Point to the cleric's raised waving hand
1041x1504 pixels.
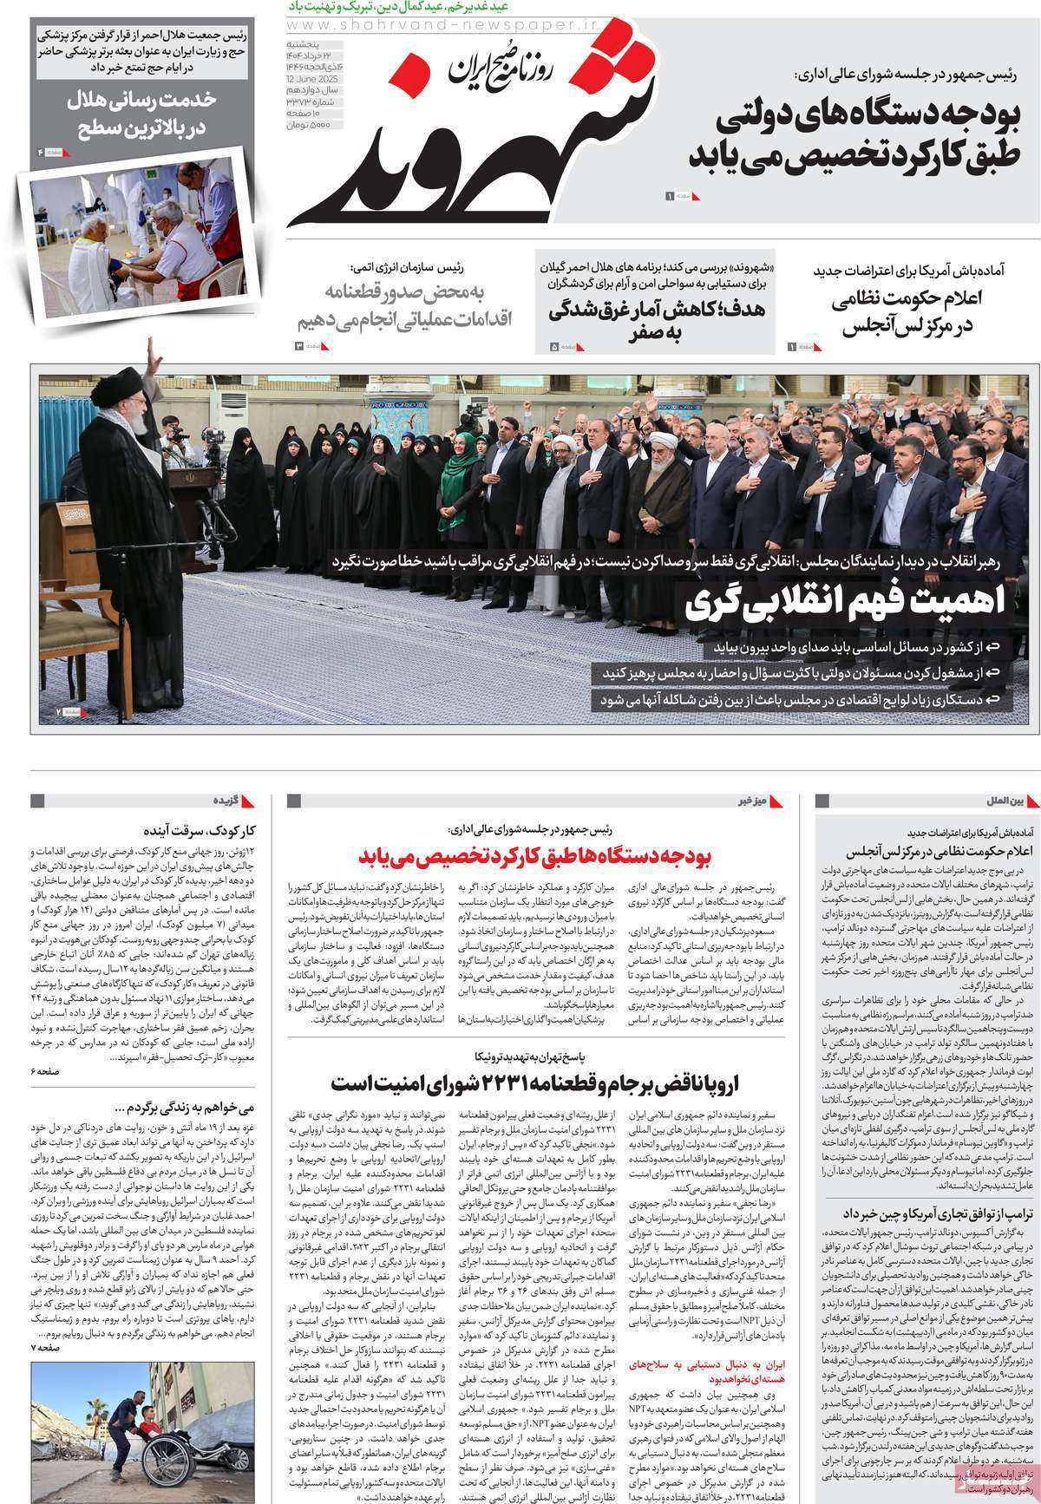click(154, 353)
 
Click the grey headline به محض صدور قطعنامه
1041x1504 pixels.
click(405, 303)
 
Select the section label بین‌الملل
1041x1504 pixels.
click(1007, 799)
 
